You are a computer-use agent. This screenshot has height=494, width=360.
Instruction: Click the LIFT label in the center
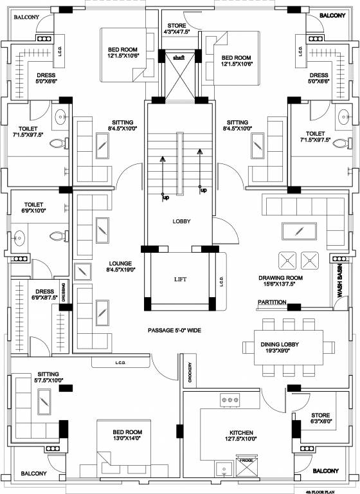tap(179, 280)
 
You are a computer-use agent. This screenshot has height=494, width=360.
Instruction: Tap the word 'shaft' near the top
tap(178, 57)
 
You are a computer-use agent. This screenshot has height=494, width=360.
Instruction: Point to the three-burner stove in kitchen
tap(230, 400)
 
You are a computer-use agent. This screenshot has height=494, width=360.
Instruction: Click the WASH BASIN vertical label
tap(339, 282)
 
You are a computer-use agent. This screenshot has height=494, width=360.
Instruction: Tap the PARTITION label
tap(272, 302)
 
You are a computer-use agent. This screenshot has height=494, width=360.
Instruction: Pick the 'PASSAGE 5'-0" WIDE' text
tap(174, 330)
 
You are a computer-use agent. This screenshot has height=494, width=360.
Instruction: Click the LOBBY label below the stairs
tap(181, 221)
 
